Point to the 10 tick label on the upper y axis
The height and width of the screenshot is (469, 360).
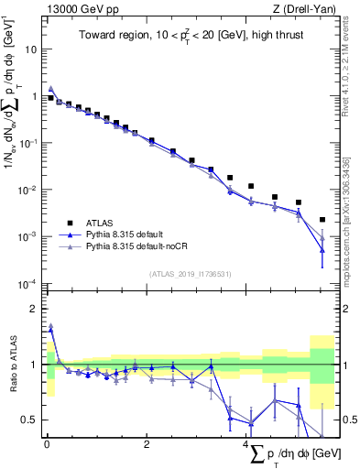coord(31,49)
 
